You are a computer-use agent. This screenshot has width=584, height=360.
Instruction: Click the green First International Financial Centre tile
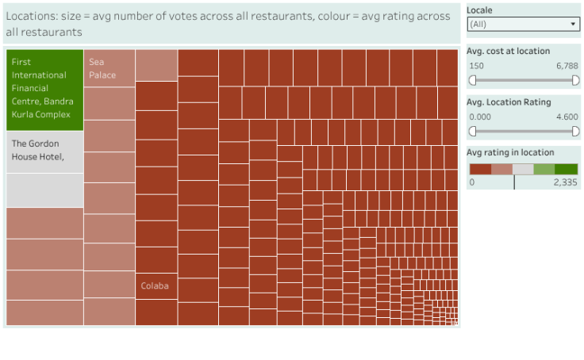point(44,90)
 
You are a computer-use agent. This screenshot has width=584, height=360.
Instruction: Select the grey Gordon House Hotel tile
point(44,151)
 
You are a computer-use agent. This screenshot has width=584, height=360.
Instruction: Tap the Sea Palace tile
point(109,68)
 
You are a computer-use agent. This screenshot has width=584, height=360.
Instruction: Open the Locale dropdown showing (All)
point(522,25)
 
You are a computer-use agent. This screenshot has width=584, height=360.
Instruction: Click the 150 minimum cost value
point(477,66)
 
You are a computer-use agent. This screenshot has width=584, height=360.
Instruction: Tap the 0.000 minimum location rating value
point(480,117)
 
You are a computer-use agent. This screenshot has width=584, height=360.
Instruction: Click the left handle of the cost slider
point(473,80)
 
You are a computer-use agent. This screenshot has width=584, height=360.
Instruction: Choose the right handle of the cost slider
point(576,80)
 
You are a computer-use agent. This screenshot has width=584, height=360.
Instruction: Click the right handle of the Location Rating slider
point(576,131)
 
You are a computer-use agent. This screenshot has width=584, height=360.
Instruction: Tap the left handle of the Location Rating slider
point(473,131)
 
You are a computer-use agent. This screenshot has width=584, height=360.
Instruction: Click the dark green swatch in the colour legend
point(566,169)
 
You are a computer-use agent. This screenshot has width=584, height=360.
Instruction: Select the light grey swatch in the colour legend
point(523,169)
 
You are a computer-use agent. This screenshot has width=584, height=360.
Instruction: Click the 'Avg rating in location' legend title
point(510,152)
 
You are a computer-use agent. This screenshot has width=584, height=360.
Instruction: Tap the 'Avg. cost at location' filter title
point(508,51)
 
